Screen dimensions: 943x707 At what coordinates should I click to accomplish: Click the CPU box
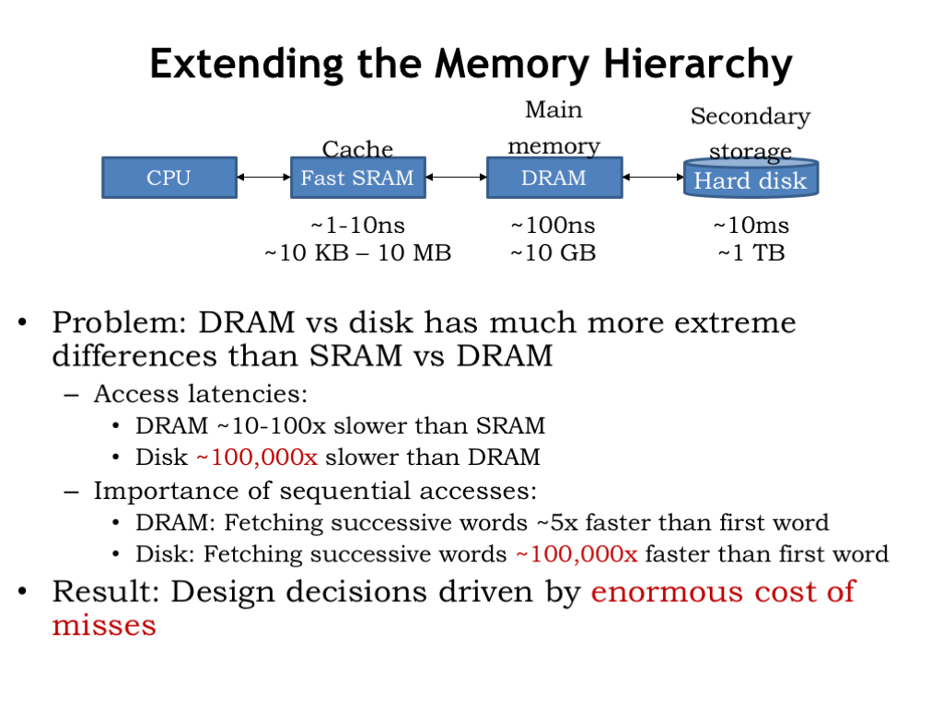pos(169,178)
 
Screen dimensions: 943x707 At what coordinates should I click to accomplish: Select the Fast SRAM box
pos(358,178)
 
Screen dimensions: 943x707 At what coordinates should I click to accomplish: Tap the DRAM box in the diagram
pos(553,178)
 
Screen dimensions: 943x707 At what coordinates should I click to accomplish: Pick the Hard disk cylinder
pos(751,178)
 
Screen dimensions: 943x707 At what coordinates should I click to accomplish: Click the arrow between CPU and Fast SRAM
pos(264,178)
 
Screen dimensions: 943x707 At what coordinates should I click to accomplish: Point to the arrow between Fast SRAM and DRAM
pos(457,178)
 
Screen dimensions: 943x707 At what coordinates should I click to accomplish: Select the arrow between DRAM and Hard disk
pos(653,178)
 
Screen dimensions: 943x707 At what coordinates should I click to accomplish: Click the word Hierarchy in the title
pos(698,64)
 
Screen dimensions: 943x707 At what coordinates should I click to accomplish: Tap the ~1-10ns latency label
pos(358,226)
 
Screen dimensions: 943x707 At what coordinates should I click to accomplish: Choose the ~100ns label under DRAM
pos(553,226)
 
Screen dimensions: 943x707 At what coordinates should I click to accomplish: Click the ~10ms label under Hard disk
pos(751,226)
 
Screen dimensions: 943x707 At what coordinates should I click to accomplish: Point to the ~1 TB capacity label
pos(751,252)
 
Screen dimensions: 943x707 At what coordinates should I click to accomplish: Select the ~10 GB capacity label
pos(553,252)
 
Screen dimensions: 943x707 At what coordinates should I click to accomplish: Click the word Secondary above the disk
pos(751,117)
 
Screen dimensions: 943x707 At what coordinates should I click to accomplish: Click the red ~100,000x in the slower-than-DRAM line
pos(257,458)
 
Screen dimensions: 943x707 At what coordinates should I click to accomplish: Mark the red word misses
pos(104,625)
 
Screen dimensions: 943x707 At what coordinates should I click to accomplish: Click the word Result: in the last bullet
pos(106,592)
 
